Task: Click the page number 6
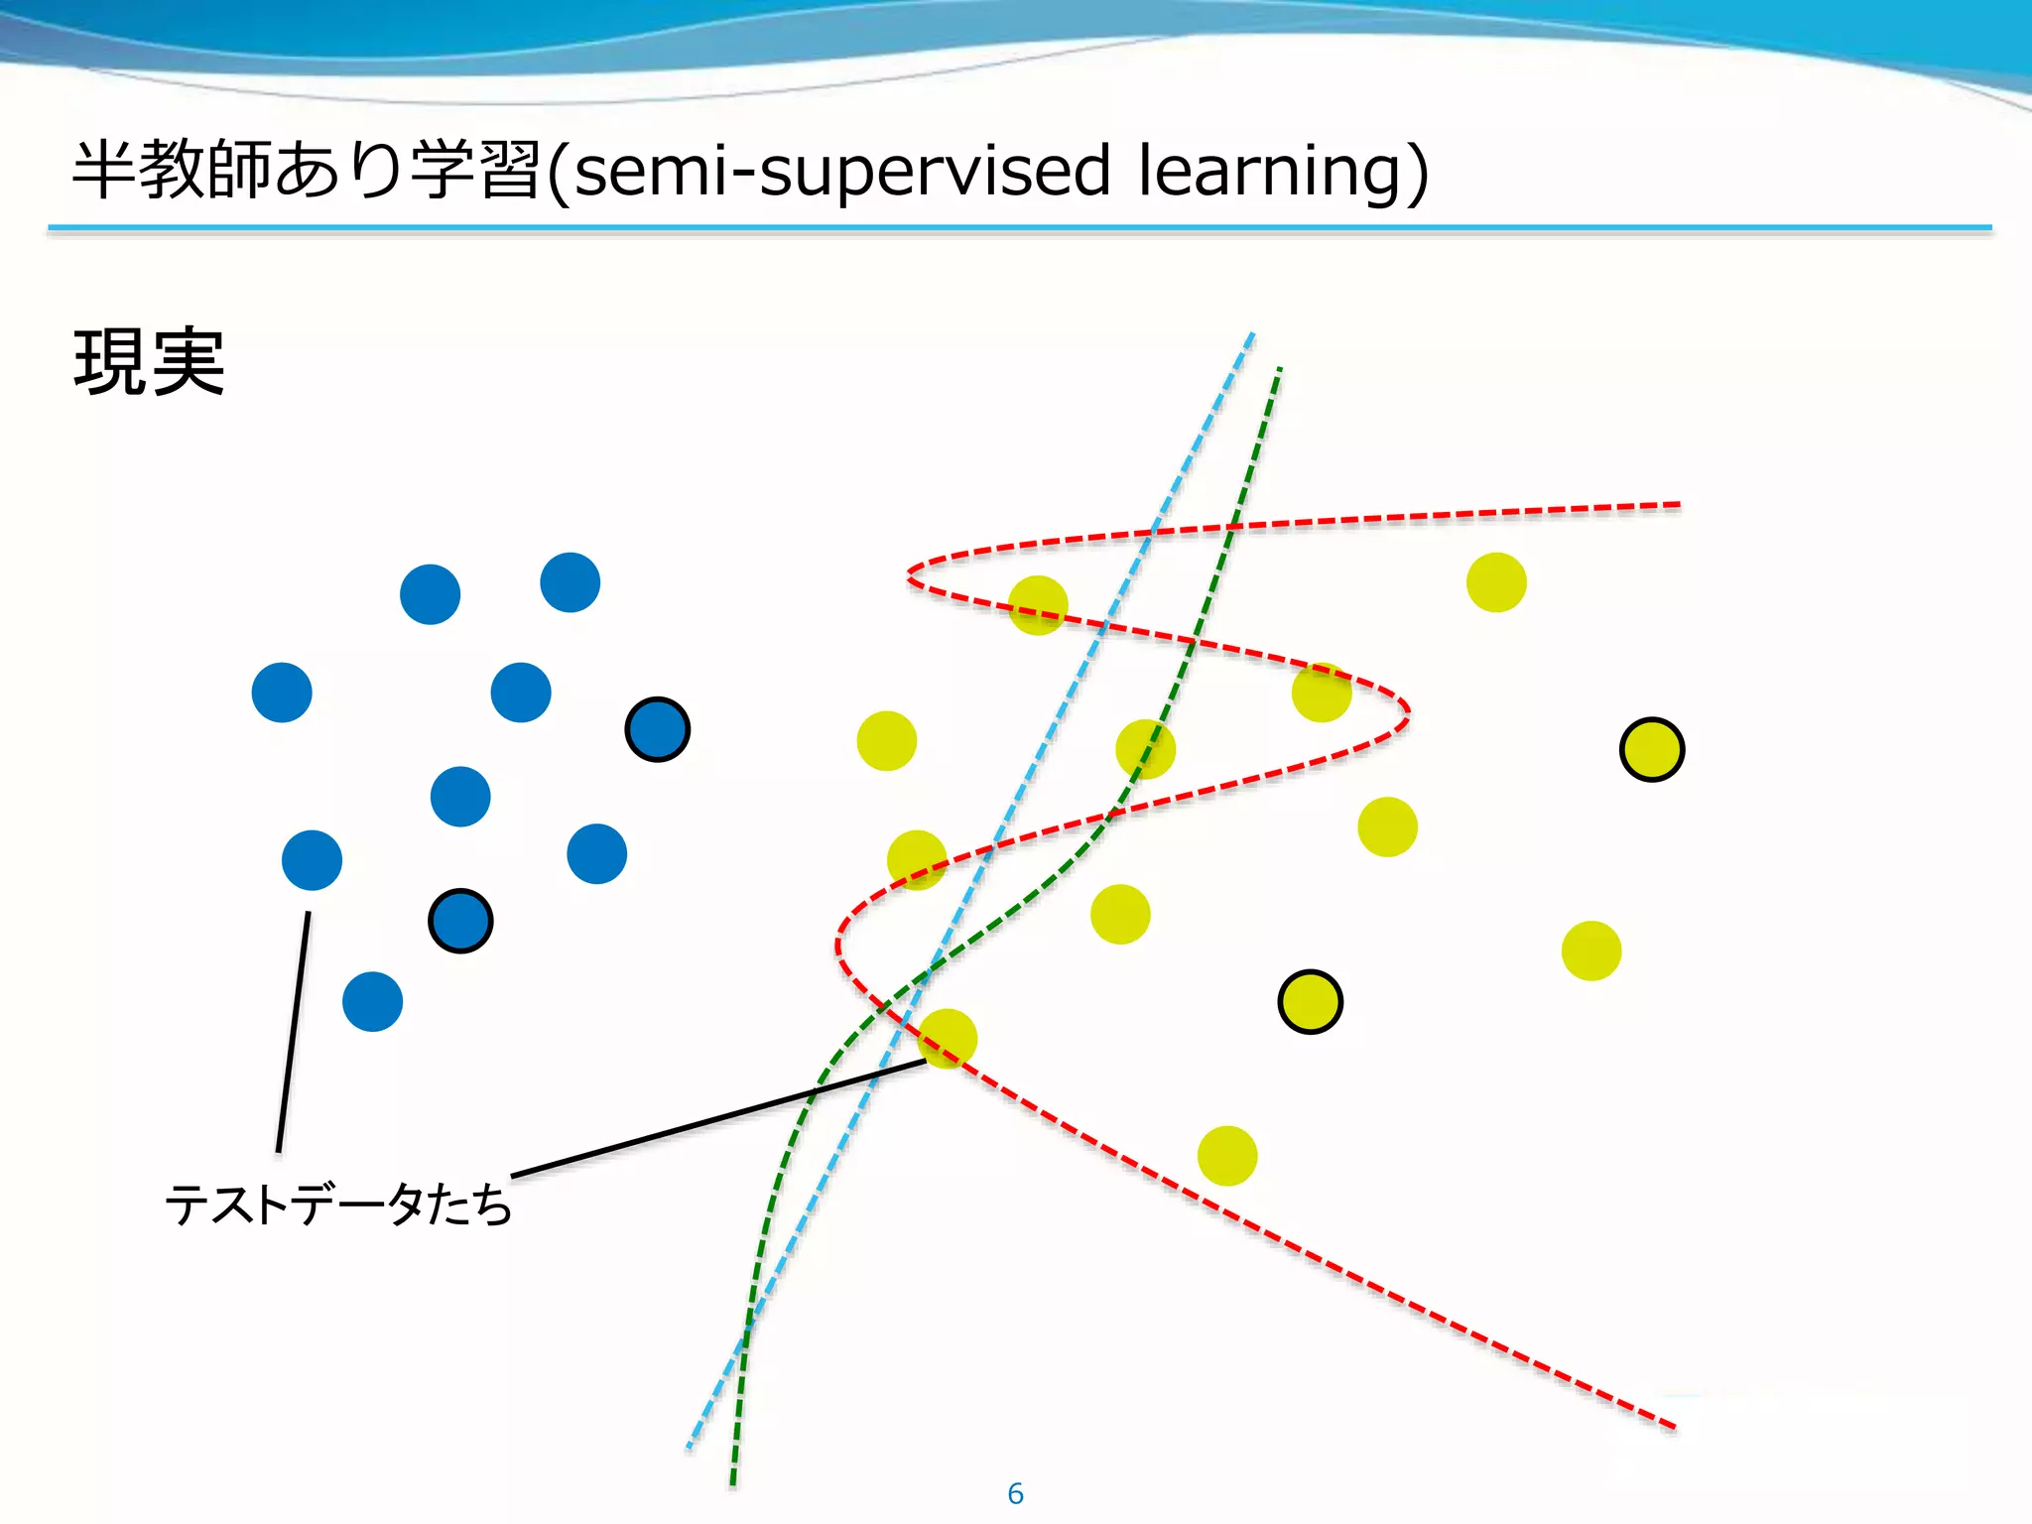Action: (x=1015, y=1492)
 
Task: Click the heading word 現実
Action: (x=149, y=363)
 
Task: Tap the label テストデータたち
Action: (x=338, y=1205)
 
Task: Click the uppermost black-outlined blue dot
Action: (x=657, y=729)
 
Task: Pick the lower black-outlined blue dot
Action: (x=460, y=921)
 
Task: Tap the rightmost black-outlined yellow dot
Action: (x=1651, y=749)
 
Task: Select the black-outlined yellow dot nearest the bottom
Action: (x=1310, y=1002)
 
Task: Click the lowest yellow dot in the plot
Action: (x=1227, y=1156)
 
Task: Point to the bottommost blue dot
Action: (x=372, y=1001)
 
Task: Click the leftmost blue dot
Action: (x=282, y=693)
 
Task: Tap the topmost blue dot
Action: (x=570, y=582)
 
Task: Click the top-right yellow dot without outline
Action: (x=1496, y=582)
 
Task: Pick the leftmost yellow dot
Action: (x=886, y=740)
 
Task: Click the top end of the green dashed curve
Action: (x=1279, y=370)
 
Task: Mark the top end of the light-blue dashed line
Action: (x=1252, y=334)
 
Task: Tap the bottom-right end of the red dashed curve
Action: (x=1673, y=1427)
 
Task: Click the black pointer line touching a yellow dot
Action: (x=719, y=1118)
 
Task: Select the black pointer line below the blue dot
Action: (x=294, y=1032)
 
